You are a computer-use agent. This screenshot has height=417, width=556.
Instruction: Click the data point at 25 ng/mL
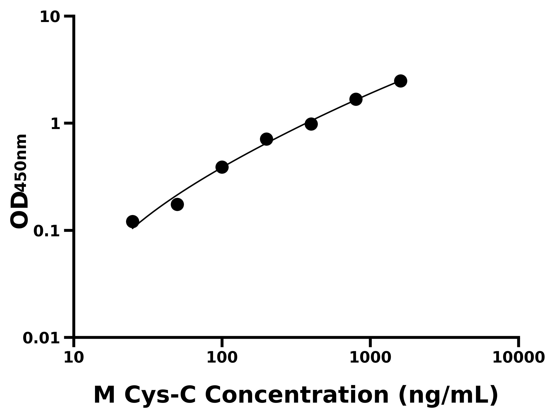click(x=133, y=221)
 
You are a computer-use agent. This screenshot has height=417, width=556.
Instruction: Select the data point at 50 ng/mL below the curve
click(x=177, y=204)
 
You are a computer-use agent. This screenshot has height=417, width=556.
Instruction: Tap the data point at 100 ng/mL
click(x=222, y=167)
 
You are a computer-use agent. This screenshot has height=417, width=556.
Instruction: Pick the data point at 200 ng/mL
click(x=266, y=139)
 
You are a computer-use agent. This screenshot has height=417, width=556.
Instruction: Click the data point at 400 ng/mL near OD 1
click(x=311, y=124)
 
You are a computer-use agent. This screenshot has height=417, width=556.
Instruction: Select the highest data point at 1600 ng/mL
click(x=401, y=81)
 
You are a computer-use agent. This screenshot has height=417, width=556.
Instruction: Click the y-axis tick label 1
click(x=56, y=124)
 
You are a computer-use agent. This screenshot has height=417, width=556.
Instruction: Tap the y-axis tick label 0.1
click(x=47, y=231)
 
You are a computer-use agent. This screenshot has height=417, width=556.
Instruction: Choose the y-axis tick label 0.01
click(x=41, y=338)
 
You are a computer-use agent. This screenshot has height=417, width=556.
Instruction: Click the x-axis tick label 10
click(x=74, y=358)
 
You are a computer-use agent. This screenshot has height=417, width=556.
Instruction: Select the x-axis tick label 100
click(x=222, y=358)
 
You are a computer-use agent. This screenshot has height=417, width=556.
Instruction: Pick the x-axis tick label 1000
click(x=370, y=358)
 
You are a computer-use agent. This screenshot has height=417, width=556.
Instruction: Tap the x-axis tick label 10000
click(x=518, y=358)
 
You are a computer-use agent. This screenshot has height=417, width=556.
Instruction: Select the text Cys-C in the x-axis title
click(x=160, y=395)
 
